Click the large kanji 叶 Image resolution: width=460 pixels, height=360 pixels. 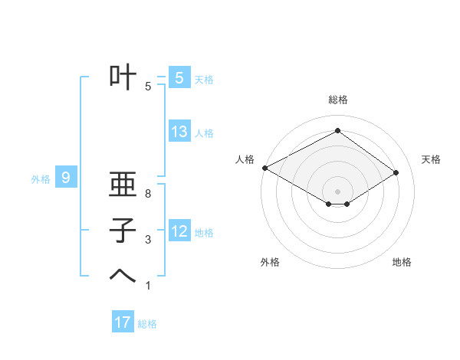[123, 77]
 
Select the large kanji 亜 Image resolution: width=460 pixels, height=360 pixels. [123, 185]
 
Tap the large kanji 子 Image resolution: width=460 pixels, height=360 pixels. [123, 231]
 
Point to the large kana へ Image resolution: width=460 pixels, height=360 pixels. [123, 277]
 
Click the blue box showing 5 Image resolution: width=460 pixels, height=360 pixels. [179, 78]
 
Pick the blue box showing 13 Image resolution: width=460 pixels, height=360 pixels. [179, 132]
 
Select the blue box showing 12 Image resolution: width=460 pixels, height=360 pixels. [179, 231]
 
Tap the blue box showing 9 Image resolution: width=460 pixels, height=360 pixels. [66, 178]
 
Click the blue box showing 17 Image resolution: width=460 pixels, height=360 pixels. [123, 322]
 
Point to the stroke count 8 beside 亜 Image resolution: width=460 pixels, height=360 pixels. [148, 194]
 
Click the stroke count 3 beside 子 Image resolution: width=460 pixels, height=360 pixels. [148, 240]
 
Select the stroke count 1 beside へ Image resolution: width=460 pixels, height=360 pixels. [148, 286]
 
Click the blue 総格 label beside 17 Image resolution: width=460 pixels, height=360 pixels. [147, 324]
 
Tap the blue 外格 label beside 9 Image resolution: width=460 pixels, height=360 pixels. [41, 179]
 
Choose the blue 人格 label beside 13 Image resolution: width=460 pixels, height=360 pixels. [204, 133]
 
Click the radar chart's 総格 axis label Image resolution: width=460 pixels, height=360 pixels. [337, 100]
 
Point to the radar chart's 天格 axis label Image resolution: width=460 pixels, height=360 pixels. [432, 159]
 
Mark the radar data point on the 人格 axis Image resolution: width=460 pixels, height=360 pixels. [264, 168]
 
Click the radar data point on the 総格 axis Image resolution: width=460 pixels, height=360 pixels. [337, 131]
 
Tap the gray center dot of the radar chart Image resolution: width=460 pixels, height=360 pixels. [337, 191]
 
